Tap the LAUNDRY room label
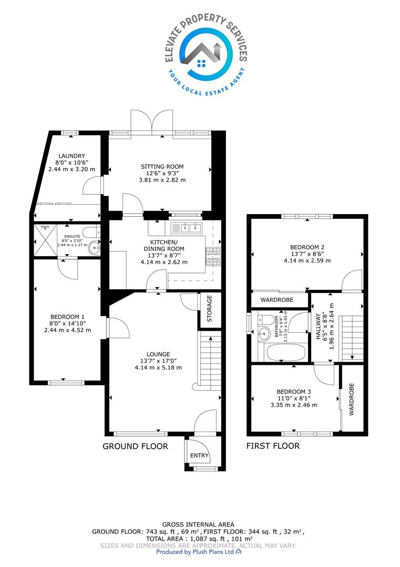(x=71, y=156)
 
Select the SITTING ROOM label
(x=162, y=166)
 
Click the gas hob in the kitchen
(x=213, y=256)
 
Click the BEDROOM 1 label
(x=67, y=317)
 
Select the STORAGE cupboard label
(x=209, y=309)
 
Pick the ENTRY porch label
(x=199, y=455)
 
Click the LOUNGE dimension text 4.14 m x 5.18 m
(x=158, y=367)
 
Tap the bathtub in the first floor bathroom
(x=286, y=352)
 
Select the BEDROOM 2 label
(x=307, y=247)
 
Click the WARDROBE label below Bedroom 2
(x=277, y=300)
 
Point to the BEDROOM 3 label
(x=294, y=392)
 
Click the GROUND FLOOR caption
(x=136, y=446)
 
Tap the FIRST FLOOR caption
(x=273, y=446)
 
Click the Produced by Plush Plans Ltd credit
(x=199, y=552)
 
